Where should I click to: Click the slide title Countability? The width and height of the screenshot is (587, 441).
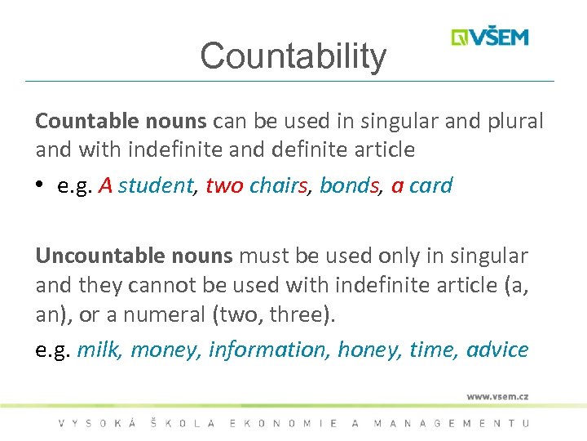click(x=293, y=56)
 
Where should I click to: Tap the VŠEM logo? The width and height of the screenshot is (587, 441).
click(x=490, y=37)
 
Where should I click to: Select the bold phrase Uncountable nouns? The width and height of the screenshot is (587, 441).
click(x=135, y=256)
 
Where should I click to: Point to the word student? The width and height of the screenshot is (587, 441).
click(x=155, y=185)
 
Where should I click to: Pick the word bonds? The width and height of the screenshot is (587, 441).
click(x=350, y=185)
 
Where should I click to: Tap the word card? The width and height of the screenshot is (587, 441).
click(x=430, y=185)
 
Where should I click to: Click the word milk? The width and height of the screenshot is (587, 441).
click(x=98, y=350)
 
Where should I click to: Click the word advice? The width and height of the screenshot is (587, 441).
click(x=497, y=350)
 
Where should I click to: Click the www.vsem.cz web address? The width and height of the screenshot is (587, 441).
click(x=497, y=396)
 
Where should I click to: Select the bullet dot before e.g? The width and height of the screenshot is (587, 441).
click(x=40, y=186)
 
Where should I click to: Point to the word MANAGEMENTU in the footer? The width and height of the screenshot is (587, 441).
click(x=451, y=423)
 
